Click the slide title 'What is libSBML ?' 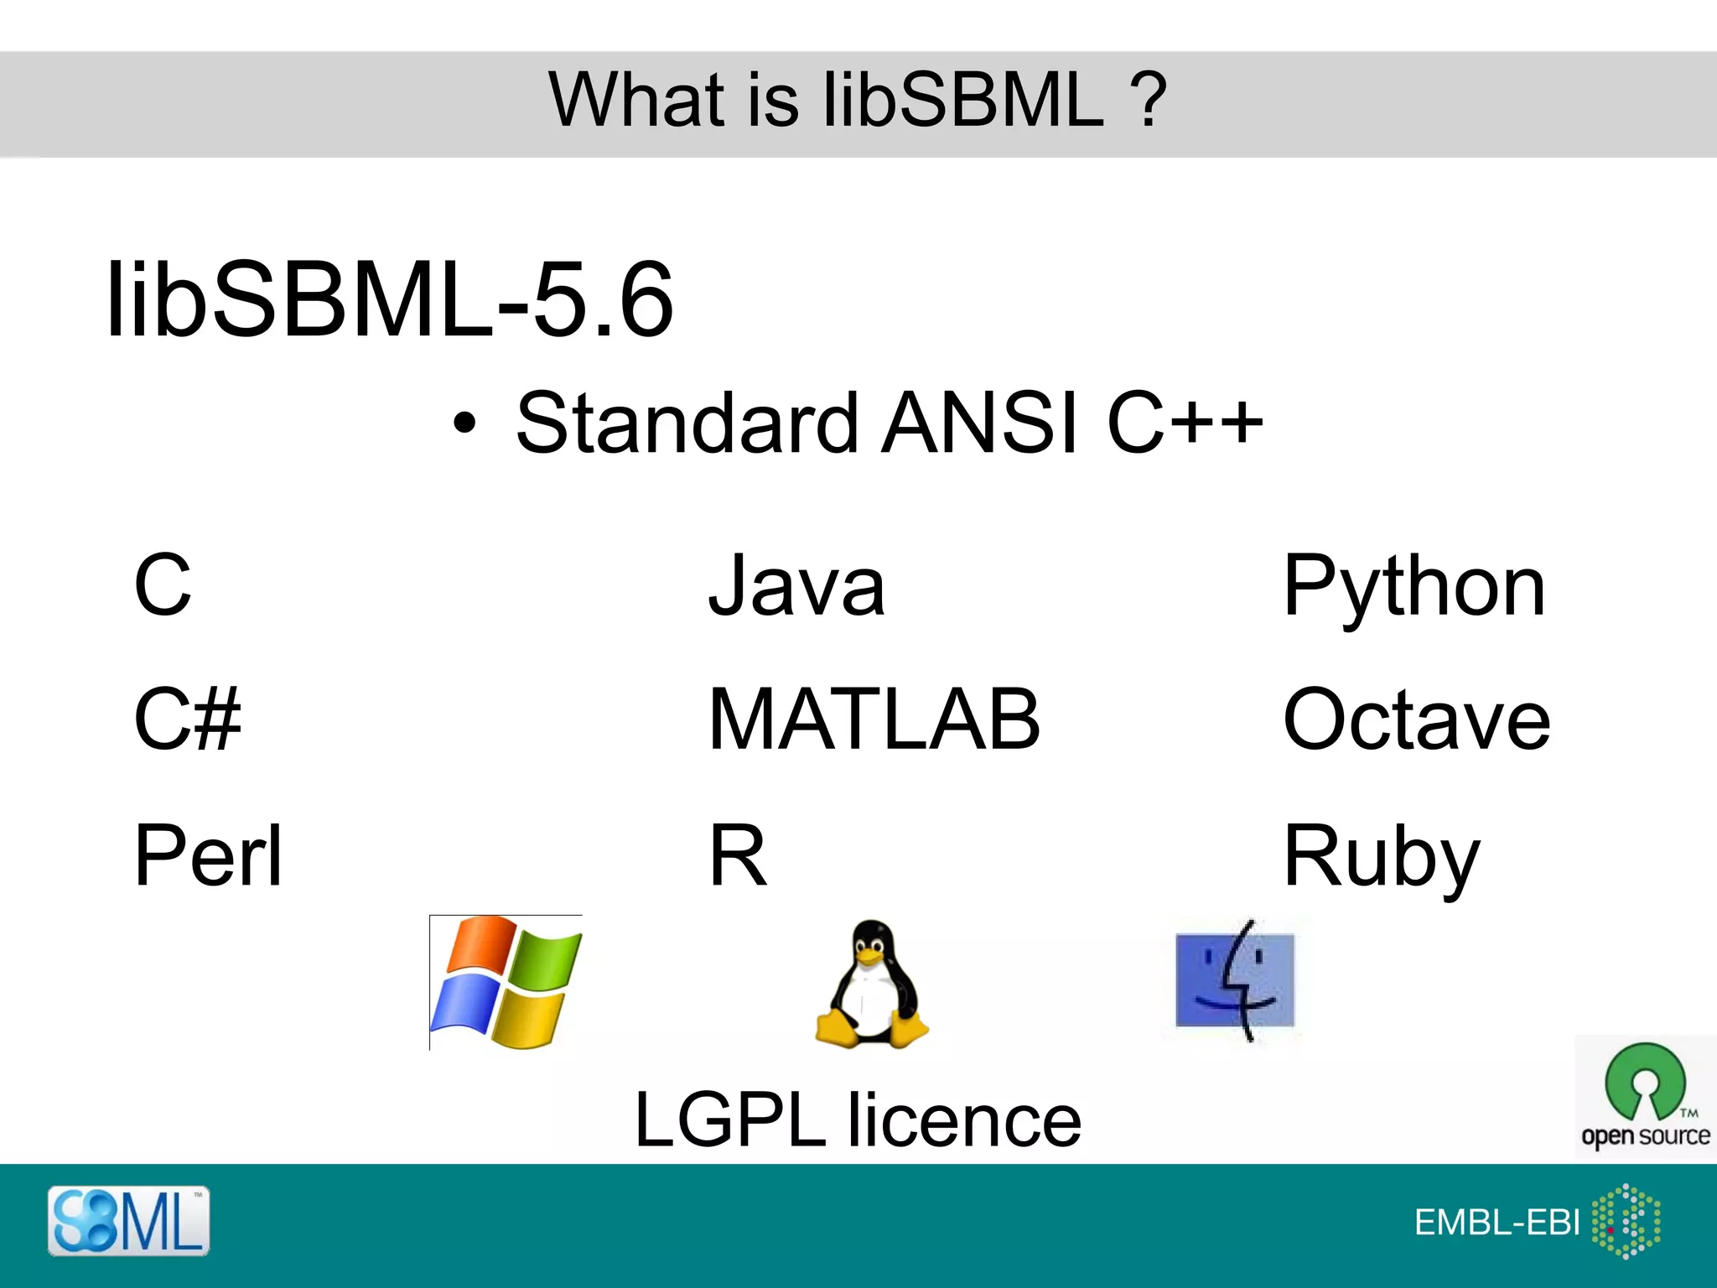point(857,101)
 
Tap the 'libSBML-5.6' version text point(390,300)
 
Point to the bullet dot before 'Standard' point(464,423)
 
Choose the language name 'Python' point(1414,587)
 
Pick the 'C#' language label point(187,719)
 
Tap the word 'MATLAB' point(874,719)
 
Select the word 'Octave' point(1417,719)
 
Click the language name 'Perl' point(208,855)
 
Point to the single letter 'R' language point(738,855)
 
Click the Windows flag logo point(506,982)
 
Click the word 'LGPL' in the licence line point(730,1119)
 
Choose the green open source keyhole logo point(1645,1082)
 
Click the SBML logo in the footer point(128,1221)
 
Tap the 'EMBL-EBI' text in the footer point(1497,1223)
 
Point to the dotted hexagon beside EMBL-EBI point(1626,1221)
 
